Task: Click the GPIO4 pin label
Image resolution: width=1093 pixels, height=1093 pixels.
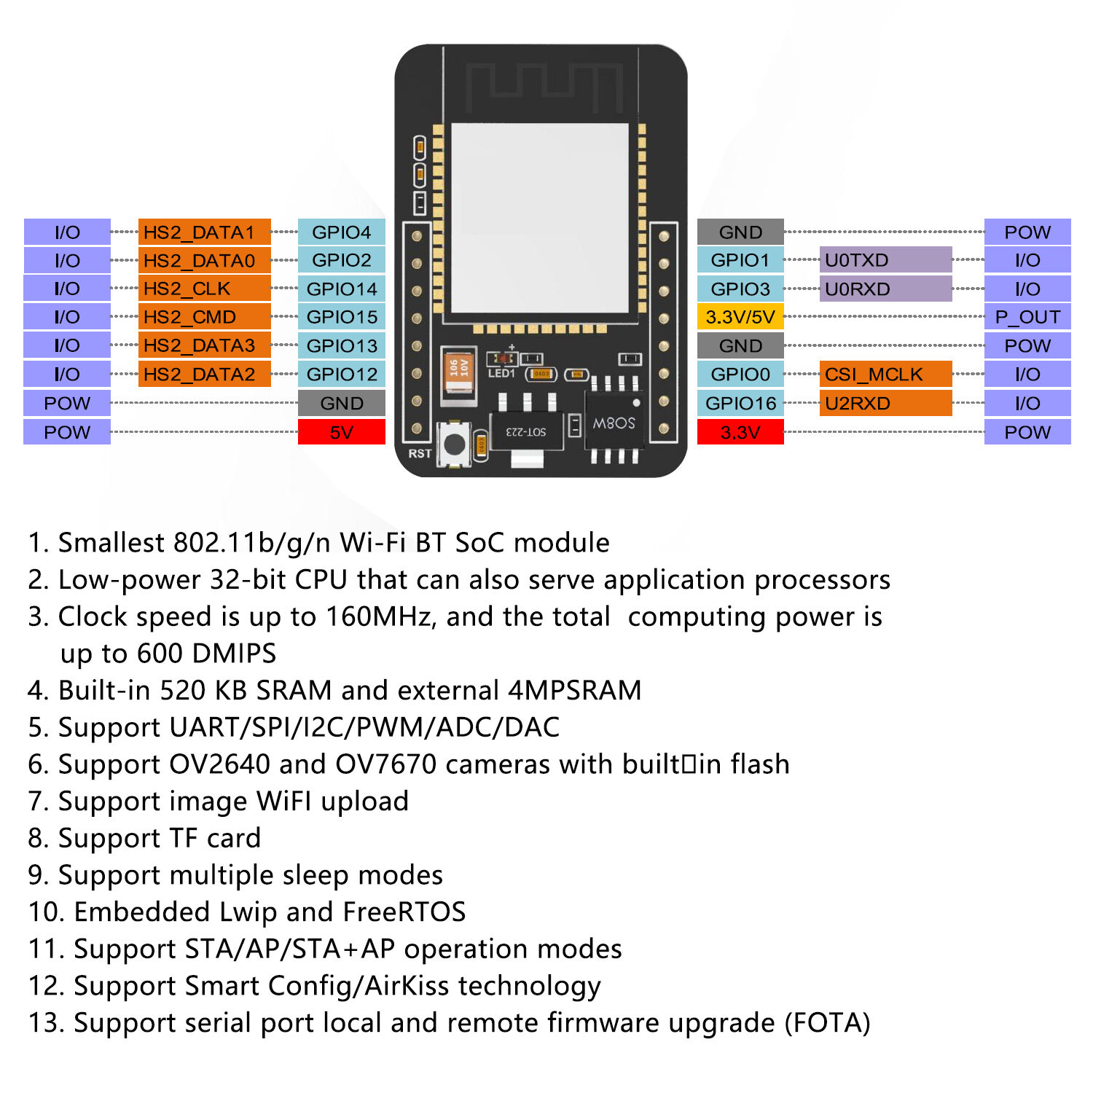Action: pos(341,232)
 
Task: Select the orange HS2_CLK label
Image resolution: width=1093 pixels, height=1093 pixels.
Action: pos(204,289)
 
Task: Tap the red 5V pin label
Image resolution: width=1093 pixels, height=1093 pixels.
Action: pos(341,432)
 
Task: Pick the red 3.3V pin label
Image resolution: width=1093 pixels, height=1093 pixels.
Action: pos(740,432)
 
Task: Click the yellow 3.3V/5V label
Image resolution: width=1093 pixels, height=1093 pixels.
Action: pos(740,317)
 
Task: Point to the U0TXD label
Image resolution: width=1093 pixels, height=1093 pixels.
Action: pos(885,260)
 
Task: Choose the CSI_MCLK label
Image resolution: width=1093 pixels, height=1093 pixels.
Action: pos(885,375)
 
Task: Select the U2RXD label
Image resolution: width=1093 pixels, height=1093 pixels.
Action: pos(885,403)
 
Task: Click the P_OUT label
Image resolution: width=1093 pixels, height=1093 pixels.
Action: pos(1027,317)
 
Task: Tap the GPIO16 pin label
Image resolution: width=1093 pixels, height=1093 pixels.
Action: pos(740,403)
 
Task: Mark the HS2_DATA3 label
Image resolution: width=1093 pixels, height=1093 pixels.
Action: pos(204,345)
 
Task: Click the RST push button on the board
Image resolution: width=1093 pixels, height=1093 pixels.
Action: pos(455,444)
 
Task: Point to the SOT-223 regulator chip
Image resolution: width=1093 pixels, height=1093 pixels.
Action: pos(526,431)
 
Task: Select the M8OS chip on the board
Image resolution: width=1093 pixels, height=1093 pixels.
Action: pos(614,423)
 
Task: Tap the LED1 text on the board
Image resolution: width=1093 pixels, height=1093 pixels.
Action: pos(501,374)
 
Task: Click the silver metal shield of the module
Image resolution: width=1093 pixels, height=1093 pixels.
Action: pos(539,219)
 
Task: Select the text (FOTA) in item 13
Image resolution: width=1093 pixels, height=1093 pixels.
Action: pos(827,1023)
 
